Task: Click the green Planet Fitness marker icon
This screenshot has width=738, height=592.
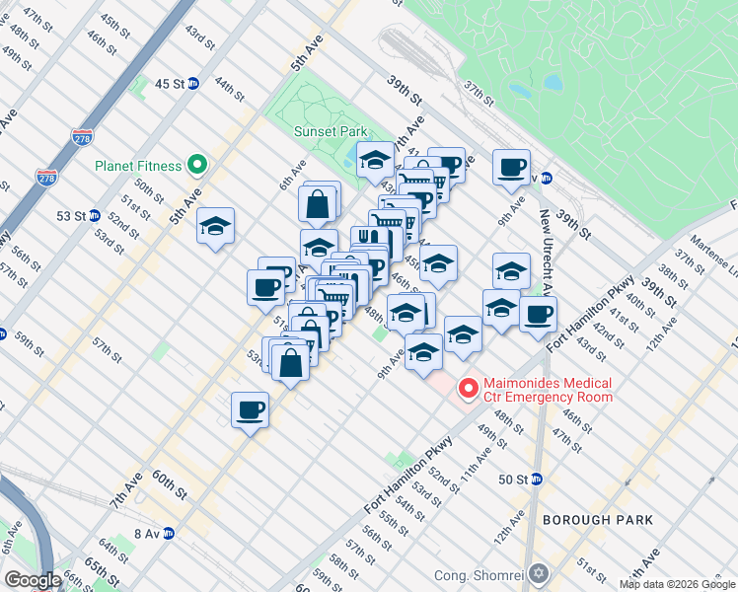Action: point(197,166)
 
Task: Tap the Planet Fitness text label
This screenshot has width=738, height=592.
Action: point(138,166)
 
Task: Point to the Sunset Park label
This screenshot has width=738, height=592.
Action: point(330,131)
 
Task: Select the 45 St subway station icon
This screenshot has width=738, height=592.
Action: point(194,84)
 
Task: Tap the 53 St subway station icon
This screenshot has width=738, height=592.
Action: point(94,215)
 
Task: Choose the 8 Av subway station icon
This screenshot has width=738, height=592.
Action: point(169,533)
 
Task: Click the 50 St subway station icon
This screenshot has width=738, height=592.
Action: point(537,480)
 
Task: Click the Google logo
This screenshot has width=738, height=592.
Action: point(33,580)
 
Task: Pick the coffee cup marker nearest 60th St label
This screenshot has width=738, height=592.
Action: point(250,408)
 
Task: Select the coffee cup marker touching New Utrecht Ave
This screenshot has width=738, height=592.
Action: point(538,314)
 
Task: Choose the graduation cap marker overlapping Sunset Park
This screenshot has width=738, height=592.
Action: point(375,159)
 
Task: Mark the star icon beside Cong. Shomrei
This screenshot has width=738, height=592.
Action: point(539,573)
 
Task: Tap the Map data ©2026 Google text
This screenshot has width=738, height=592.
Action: point(678,584)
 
